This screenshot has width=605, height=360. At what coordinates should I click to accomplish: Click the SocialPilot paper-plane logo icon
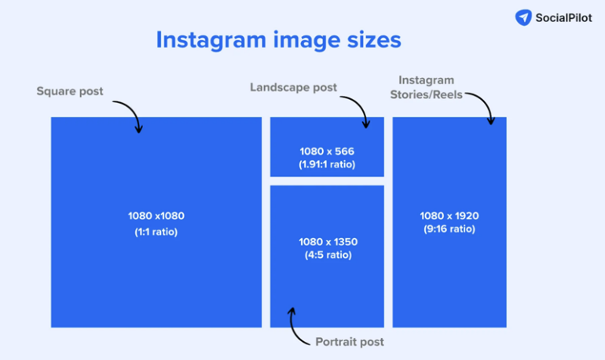pos(524,17)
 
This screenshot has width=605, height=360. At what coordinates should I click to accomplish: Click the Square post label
pos(70,91)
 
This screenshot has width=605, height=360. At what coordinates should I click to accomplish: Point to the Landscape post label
pos(293,87)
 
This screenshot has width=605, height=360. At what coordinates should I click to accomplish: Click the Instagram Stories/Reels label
pos(427,87)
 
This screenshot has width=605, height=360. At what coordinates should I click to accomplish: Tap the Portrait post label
pos(350,342)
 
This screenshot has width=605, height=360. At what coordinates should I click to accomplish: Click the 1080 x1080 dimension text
pos(156,216)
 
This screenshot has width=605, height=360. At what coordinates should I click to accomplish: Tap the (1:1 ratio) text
pos(156,232)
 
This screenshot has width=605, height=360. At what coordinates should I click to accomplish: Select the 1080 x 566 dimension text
pos(327,150)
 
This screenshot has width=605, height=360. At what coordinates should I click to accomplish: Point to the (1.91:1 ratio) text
pos(327,164)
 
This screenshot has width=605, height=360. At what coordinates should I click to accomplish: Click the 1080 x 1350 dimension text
pos(327,241)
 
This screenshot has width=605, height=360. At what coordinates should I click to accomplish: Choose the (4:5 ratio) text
pos(327,255)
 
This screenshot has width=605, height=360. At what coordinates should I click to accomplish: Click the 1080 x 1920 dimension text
pos(449,215)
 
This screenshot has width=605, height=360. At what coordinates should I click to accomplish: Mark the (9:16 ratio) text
pos(449,229)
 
